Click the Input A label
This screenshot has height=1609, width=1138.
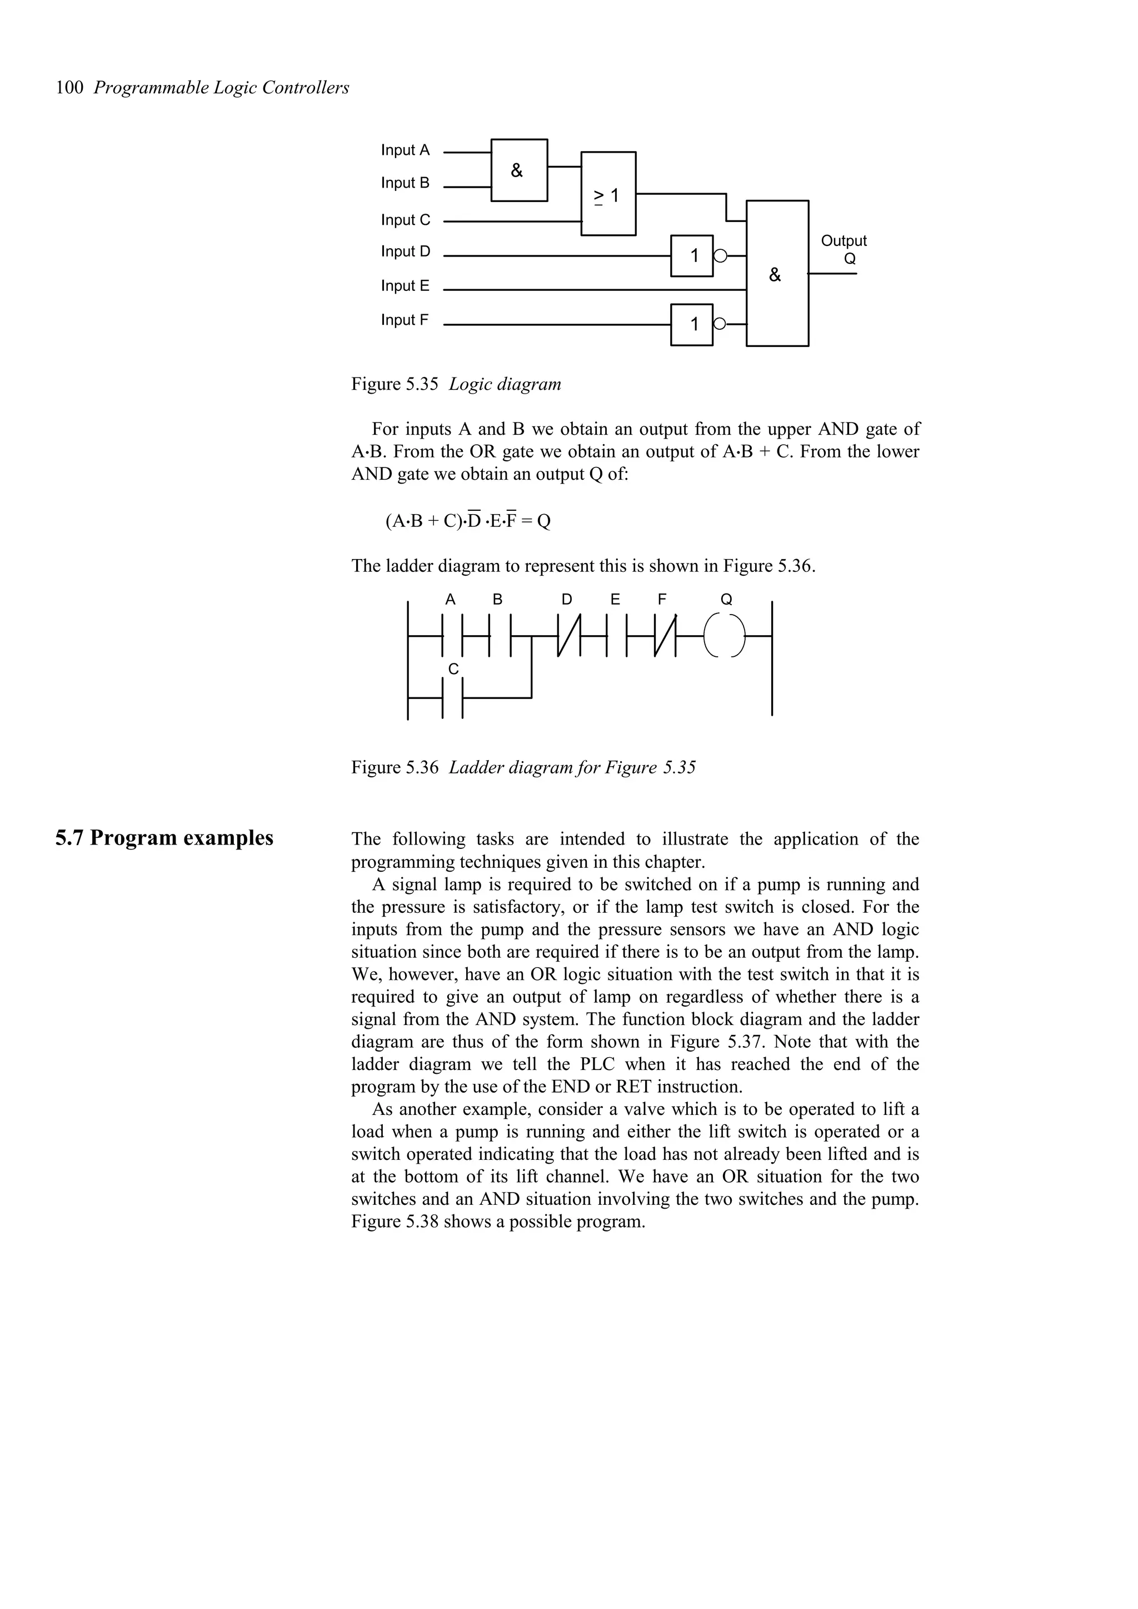coord(405,150)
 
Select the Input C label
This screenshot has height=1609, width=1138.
coord(405,220)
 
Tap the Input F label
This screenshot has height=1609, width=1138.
coord(405,320)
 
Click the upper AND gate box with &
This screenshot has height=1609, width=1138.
coord(519,170)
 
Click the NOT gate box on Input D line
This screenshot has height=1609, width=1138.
coord(692,256)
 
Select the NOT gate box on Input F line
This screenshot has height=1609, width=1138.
coord(692,324)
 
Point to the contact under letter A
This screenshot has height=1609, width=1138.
coord(453,636)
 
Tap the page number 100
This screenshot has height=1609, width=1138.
coord(69,88)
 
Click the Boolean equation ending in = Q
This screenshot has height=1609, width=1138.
coord(468,521)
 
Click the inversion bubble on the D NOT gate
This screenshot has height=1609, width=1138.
coord(718,256)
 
